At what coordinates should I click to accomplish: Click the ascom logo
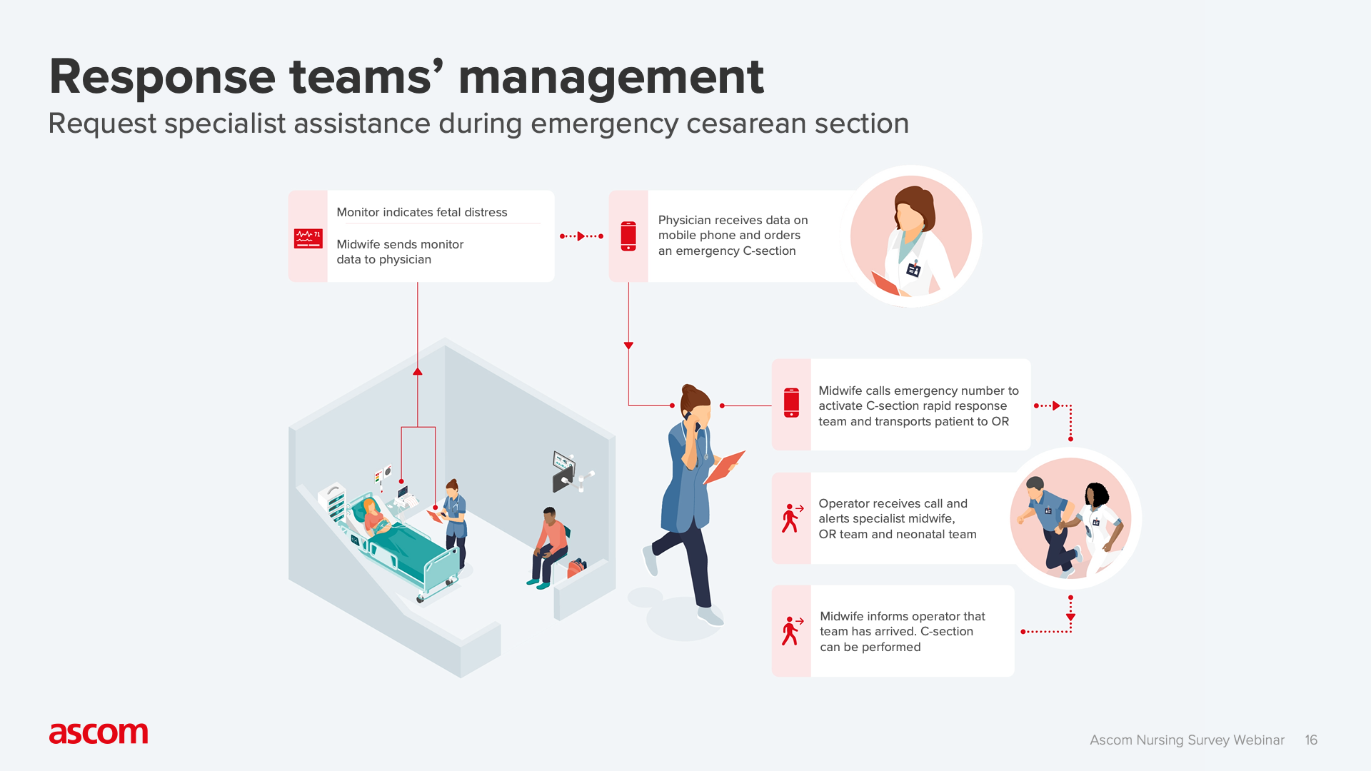[x=99, y=733]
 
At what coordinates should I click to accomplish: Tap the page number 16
[x=1310, y=740]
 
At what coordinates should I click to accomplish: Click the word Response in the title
[x=163, y=77]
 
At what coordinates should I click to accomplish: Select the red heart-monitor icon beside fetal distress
[x=308, y=238]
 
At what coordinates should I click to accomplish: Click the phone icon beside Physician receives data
[x=628, y=236]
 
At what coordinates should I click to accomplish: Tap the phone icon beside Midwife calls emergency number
[x=791, y=403]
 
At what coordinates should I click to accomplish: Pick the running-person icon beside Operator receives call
[x=791, y=518]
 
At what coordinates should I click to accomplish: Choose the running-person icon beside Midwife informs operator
[x=791, y=631]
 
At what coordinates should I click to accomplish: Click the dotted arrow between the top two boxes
[x=581, y=236]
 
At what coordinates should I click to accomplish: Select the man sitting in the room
[x=550, y=546]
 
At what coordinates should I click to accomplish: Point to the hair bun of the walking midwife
[x=688, y=390]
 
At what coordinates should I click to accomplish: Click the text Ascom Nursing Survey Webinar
[x=1187, y=740]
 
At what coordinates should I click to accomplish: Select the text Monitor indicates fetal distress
[x=422, y=212]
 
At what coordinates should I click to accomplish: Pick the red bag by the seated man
[x=576, y=568]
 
